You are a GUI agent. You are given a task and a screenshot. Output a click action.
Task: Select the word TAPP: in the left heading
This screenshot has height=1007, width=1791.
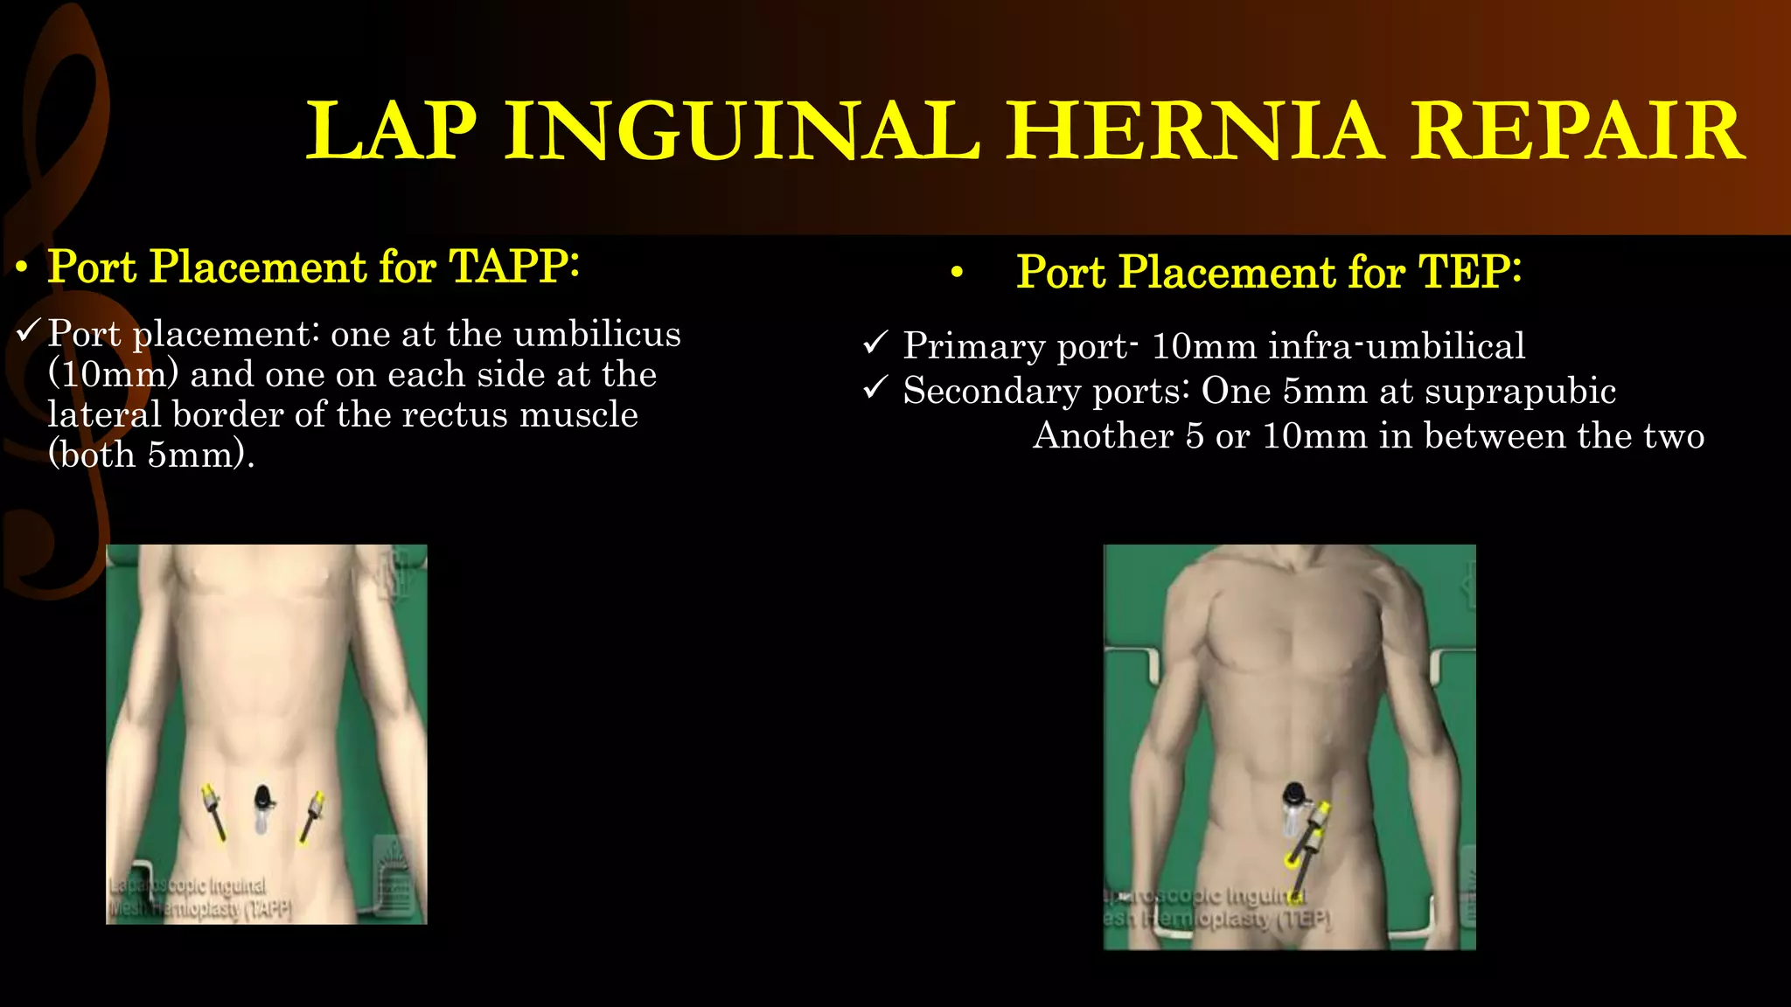[x=513, y=267]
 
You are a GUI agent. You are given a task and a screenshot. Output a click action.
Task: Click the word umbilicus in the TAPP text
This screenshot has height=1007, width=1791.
[x=597, y=334]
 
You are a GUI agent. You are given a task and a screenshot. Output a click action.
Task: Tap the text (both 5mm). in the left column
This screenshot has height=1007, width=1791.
[x=151, y=455]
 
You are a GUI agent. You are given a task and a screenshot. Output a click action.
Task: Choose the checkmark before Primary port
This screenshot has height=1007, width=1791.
[x=875, y=343]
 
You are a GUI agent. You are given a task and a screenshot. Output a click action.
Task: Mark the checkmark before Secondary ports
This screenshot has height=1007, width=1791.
[x=875, y=387]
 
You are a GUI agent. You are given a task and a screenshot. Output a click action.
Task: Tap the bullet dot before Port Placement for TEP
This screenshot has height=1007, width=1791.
[x=958, y=274]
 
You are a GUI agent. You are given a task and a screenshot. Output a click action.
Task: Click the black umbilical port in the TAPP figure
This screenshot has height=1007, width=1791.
[x=263, y=799]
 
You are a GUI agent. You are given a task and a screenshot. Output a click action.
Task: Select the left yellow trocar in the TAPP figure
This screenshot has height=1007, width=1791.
[x=213, y=809]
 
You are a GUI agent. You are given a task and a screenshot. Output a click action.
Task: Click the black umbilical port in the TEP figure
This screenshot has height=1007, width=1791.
[x=1293, y=796]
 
